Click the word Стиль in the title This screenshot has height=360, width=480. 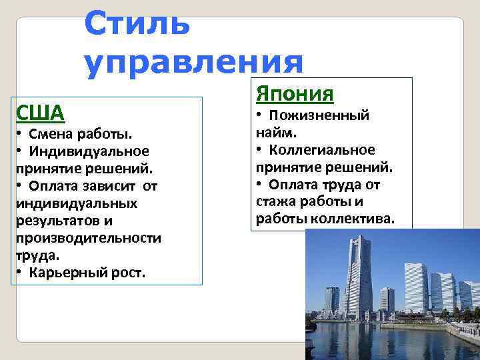click(137, 23)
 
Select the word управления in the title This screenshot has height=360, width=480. click(193, 62)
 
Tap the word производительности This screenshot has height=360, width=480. click(88, 237)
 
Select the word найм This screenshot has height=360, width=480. click(273, 133)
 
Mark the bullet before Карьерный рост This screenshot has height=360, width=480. click(19, 272)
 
